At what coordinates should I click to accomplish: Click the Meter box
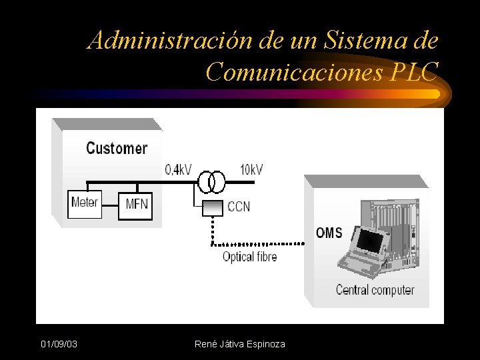coord(85,203)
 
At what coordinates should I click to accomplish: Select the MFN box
coord(137,204)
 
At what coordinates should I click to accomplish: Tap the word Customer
coord(117,148)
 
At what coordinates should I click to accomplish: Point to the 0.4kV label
coord(178,170)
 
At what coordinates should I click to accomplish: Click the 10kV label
coord(251,170)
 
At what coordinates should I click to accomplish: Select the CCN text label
coord(239,207)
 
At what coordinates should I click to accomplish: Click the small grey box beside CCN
coord(213,207)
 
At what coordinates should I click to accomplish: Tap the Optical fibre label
coord(249,257)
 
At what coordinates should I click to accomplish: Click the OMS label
coord(329,233)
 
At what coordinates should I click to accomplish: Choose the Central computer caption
coord(375,290)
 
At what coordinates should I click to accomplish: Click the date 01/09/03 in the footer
coord(59,344)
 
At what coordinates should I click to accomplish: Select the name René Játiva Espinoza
coord(239,344)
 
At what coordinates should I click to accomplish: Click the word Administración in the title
coord(171,41)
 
